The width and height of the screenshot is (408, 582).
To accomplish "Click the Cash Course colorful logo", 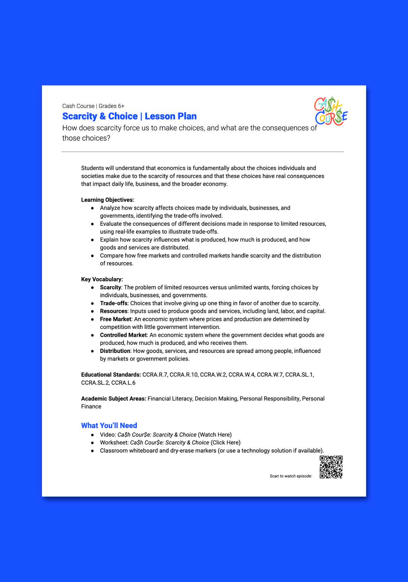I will coord(331,111).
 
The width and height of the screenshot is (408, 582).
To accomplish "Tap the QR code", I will coord(331,467).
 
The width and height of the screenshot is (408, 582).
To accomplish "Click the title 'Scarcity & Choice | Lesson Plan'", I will coord(129,116).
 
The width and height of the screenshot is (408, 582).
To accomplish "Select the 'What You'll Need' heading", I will coord(109,425).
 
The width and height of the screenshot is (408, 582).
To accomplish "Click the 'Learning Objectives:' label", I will coord(107,200).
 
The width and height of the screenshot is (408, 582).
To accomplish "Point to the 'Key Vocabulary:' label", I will coord(102,279).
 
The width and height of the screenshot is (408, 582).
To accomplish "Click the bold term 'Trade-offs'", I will coord(113,303).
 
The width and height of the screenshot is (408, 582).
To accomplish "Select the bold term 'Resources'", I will coord(113,311).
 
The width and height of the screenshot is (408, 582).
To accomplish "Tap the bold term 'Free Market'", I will coord(115,319).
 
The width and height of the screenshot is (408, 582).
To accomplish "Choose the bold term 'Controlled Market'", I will coord(123,335).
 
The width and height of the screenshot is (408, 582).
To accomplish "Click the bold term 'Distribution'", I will coord(115,351).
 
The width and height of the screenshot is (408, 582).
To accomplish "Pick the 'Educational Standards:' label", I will coord(111,374).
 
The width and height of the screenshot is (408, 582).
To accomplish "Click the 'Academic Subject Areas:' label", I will coord(113,399).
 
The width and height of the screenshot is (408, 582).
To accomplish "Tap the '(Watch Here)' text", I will coord(215,434).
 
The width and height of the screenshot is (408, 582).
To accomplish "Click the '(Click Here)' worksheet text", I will coord(226,442).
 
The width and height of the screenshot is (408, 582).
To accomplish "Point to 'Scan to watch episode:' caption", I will coord(291,476).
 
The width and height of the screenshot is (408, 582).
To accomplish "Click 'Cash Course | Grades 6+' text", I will coord(93,106).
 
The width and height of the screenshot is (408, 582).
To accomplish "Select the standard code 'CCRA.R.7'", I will coord(155,374).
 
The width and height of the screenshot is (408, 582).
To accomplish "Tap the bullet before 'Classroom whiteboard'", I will coord(93,451).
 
